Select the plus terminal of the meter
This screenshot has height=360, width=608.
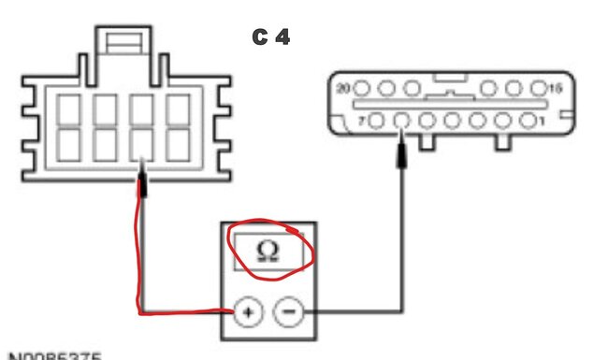click(x=247, y=311)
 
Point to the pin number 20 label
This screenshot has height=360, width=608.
click(x=343, y=88)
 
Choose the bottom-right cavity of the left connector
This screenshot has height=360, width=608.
click(x=177, y=143)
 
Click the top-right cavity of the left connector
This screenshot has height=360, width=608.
click(x=177, y=109)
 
